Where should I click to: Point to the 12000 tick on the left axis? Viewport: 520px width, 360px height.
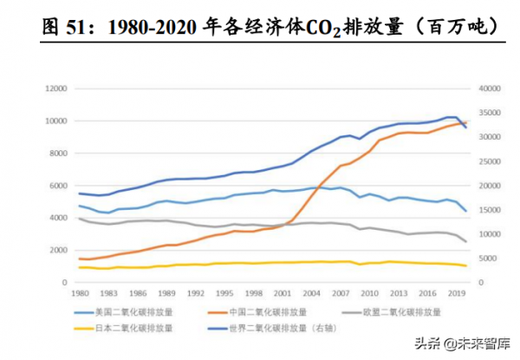(55, 88)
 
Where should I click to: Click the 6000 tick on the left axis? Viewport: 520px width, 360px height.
(57, 186)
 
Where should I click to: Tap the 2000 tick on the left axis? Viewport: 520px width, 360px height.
(57, 250)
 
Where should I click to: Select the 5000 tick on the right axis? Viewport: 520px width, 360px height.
(478, 259)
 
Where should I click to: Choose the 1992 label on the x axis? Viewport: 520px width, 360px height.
(196, 294)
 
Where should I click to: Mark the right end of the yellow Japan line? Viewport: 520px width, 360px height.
(465, 265)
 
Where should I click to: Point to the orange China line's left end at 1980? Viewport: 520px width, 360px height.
(79, 259)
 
